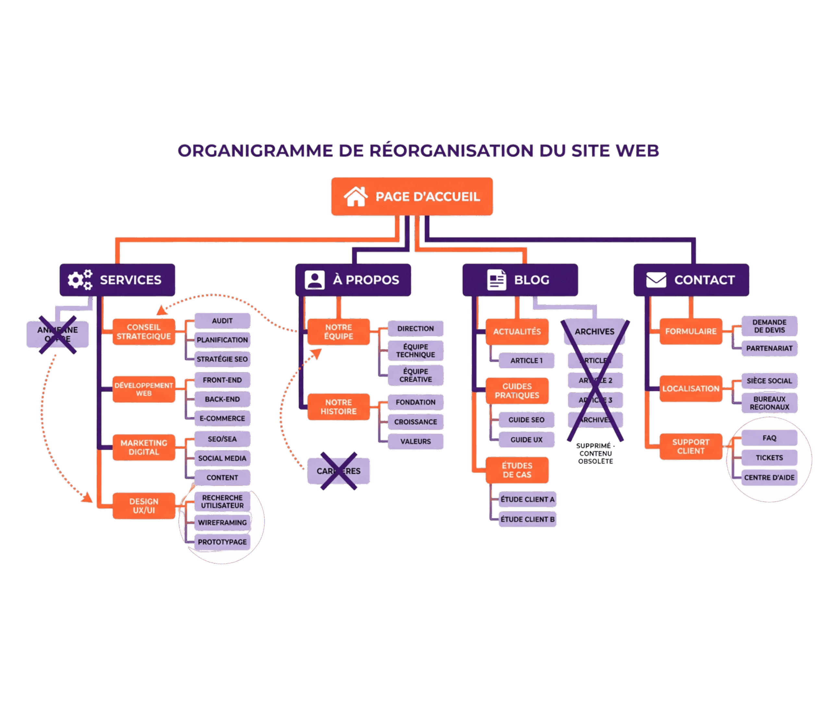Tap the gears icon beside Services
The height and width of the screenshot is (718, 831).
click(80, 279)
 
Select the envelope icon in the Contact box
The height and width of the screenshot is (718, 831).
click(656, 279)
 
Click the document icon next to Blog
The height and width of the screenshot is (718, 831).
click(497, 279)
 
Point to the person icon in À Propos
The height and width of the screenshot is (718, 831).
click(315, 279)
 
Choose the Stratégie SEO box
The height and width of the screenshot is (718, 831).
click(222, 359)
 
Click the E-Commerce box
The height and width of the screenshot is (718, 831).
click(222, 418)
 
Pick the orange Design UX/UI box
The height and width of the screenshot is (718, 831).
click(143, 505)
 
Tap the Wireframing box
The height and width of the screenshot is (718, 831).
click(222, 522)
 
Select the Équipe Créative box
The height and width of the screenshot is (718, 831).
click(415, 375)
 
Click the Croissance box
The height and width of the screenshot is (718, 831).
click(415, 422)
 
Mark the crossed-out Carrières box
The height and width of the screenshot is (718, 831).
click(339, 471)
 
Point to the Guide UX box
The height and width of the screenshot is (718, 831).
click(526, 440)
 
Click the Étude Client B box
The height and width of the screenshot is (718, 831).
click(527, 519)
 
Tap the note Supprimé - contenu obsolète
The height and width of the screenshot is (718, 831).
click(595, 453)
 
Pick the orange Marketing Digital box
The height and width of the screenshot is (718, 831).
click(143, 447)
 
